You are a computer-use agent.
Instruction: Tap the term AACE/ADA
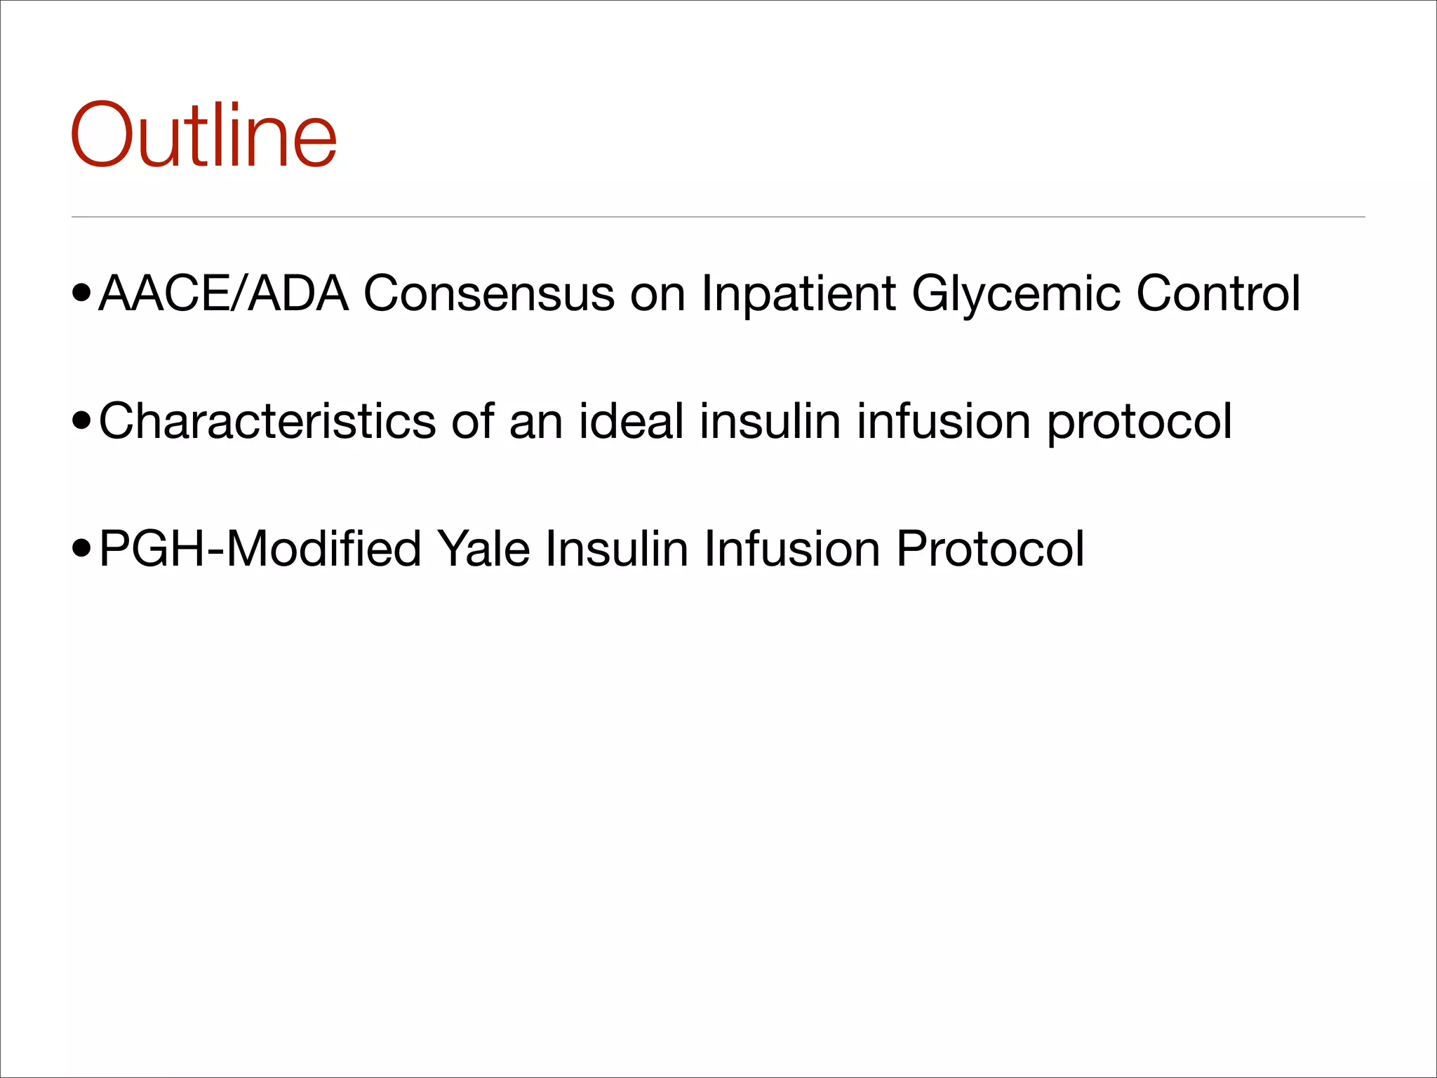click(x=224, y=293)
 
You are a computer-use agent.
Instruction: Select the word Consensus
click(x=489, y=293)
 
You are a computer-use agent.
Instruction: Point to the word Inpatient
click(x=798, y=293)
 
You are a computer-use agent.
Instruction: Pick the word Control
click(x=1218, y=293)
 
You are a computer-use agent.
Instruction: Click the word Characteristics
click(x=267, y=421)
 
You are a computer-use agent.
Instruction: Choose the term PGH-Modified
click(x=260, y=548)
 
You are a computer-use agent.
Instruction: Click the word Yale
click(x=483, y=548)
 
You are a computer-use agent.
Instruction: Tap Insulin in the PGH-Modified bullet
click(x=617, y=548)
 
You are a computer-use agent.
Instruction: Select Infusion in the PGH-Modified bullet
click(x=792, y=548)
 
